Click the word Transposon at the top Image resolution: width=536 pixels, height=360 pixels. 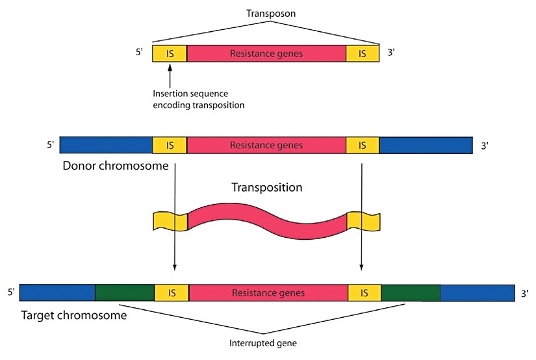coord(267,13)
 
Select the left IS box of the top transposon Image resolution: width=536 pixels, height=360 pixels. coord(170,53)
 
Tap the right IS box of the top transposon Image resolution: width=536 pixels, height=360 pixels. coord(363,53)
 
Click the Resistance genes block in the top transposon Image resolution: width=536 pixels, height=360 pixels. coord(266,53)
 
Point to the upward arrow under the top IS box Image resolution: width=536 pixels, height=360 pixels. coord(170,76)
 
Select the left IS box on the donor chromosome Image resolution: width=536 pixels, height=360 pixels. coord(170,145)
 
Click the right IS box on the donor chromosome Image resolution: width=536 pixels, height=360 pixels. coord(363,145)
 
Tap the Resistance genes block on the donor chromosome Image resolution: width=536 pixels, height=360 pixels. coord(266,145)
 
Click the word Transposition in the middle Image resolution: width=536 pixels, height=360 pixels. coord(266,188)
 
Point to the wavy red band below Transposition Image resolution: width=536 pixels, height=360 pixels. coord(266,221)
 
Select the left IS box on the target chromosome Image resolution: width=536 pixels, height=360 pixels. coord(172,292)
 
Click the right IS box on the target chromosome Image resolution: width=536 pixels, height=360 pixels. coord(364,292)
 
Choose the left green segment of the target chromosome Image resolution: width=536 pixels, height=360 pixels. coord(125,292)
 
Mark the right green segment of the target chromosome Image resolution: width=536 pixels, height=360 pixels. coord(411,292)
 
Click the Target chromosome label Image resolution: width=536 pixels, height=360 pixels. coord(73,316)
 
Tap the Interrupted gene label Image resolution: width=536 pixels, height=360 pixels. coord(266,342)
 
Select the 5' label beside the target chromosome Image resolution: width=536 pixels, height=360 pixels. coord(11,292)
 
